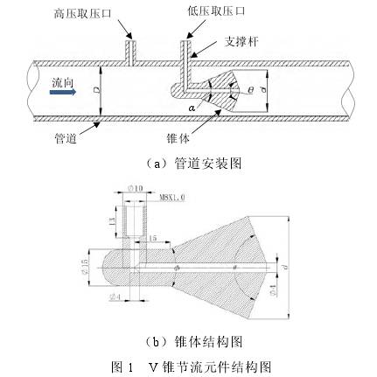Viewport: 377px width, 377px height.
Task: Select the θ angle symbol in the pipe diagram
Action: pos(252,90)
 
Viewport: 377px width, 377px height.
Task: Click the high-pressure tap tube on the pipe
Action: pos(130,52)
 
